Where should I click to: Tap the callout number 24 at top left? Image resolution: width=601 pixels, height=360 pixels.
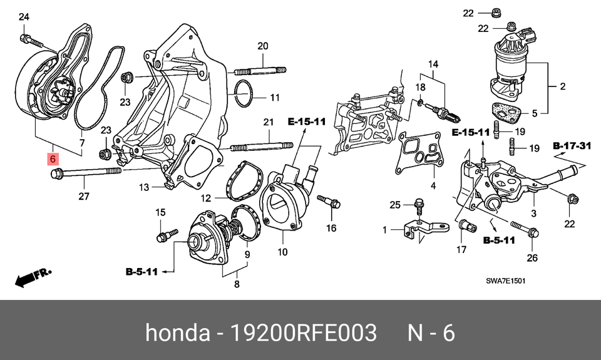click(x=24, y=17)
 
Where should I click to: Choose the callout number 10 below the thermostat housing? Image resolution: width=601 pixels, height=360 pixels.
click(x=282, y=253)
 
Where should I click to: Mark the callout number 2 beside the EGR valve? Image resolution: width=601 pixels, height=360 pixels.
click(x=562, y=86)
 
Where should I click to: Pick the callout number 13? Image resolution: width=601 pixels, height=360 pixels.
click(x=145, y=187)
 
